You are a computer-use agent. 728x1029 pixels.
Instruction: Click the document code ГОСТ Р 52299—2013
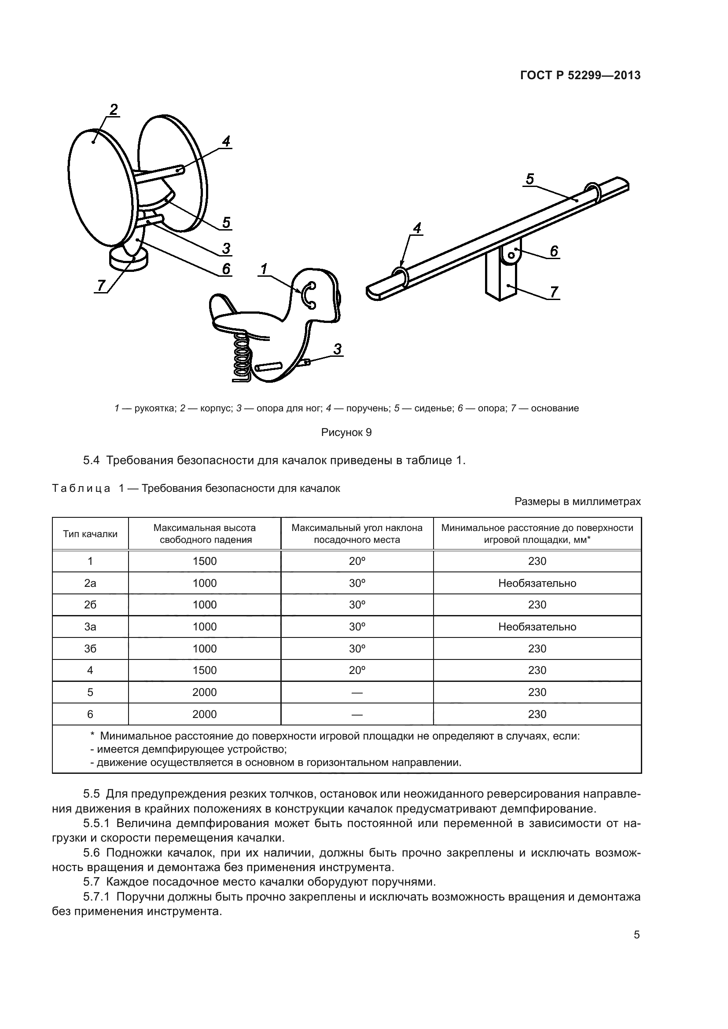[x=580, y=76]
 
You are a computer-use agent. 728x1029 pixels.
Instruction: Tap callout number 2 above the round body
[x=114, y=109]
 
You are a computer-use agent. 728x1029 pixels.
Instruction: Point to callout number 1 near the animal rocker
[x=264, y=269]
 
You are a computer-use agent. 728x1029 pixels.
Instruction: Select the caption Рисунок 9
[x=346, y=432]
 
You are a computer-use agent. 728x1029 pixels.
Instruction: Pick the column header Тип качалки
[x=90, y=534]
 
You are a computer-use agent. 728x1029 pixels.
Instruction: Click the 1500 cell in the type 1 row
[x=204, y=561]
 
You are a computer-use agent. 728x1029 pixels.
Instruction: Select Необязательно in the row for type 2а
[x=537, y=583]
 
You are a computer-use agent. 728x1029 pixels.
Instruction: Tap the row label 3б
[x=90, y=648]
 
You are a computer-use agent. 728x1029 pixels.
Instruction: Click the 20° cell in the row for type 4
[x=357, y=670]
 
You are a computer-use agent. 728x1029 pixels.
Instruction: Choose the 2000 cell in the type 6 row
[x=204, y=714]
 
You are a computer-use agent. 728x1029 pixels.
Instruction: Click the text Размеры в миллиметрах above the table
[x=577, y=502]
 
